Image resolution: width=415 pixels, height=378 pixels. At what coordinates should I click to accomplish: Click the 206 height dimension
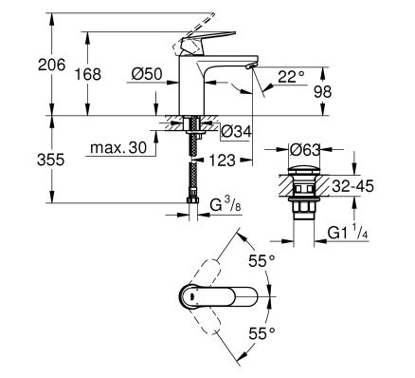[52, 65]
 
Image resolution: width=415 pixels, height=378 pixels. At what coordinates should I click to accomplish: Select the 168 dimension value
[88, 74]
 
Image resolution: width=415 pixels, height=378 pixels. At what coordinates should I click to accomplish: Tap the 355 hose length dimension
[50, 160]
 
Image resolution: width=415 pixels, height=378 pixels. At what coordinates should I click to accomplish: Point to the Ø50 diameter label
[147, 74]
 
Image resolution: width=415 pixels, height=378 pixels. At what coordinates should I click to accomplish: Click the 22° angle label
[291, 77]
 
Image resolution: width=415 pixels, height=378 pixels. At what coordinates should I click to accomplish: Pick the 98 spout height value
[322, 92]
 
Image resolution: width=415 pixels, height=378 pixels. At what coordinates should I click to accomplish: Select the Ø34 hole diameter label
[236, 131]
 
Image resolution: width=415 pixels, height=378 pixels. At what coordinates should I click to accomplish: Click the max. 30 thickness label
[118, 147]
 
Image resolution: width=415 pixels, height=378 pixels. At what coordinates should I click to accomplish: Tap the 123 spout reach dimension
[222, 161]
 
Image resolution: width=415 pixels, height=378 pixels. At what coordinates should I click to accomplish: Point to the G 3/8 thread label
[226, 206]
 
